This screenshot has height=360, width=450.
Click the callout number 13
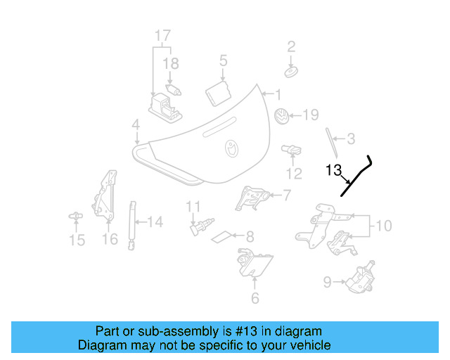coord(333,170)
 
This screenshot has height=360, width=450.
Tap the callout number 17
coord(162,35)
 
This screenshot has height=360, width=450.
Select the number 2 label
coord(291,47)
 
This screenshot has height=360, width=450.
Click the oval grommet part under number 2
coord(290,72)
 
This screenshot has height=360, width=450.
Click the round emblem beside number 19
coord(281,116)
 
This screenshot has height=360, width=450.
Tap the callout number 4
coord(135,125)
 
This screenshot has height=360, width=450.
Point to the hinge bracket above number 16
coord(107,193)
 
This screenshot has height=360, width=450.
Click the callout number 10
coord(382,226)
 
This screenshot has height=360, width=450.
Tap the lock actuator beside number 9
coord(360,276)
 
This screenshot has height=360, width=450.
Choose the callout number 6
coord(255,298)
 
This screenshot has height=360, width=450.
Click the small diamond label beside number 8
coord(222,236)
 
